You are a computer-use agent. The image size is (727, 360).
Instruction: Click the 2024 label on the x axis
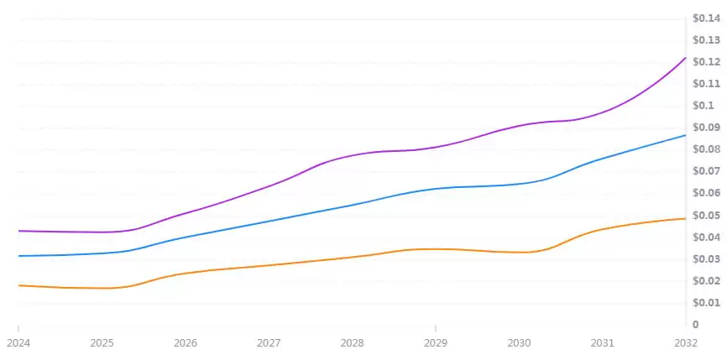click(18, 343)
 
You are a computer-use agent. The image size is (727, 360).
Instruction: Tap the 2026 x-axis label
click(186, 343)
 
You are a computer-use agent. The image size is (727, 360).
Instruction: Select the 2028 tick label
click(353, 343)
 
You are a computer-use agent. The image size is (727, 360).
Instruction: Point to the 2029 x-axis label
click(436, 343)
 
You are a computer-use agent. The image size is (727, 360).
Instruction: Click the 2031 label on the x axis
click(603, 343)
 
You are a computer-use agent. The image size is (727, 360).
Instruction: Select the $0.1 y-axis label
click(703, 105)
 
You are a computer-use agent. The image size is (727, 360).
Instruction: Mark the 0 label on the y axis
click(695, 324)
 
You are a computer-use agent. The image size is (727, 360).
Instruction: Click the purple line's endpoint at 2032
click(686, 58)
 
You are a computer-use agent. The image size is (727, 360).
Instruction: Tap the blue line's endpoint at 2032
click(686, 135)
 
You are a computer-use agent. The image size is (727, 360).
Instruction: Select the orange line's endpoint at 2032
click(686, 218)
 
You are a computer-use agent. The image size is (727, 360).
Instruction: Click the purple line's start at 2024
click(18, 231)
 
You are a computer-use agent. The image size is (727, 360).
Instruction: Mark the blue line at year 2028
click(353, 204)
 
